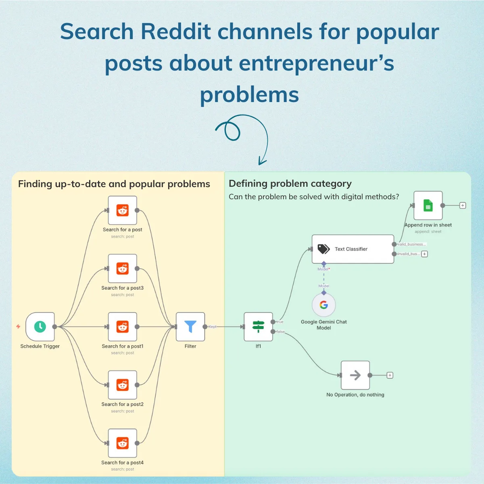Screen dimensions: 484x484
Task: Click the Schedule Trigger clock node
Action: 40,327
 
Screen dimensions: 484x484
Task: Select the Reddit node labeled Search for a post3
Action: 122,269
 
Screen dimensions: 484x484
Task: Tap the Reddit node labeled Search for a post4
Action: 122,443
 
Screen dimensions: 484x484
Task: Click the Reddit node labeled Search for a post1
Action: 122,327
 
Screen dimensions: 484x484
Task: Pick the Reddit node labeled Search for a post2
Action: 122,385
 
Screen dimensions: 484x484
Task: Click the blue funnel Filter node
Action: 190,327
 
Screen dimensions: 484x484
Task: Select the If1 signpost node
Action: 258,327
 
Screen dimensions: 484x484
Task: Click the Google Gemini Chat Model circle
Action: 324,305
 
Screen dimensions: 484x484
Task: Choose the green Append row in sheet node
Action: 428,206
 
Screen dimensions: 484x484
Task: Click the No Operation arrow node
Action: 355,375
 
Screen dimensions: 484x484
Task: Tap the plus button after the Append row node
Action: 463,205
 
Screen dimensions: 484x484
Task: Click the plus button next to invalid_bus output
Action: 424,254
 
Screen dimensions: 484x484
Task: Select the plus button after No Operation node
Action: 390,375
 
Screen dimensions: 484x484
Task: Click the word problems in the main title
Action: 249,95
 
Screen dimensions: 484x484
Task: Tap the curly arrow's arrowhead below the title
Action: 262,162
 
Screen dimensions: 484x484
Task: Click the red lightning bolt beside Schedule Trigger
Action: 18,326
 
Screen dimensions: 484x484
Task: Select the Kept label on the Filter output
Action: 213,327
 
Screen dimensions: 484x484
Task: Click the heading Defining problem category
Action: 290,184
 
